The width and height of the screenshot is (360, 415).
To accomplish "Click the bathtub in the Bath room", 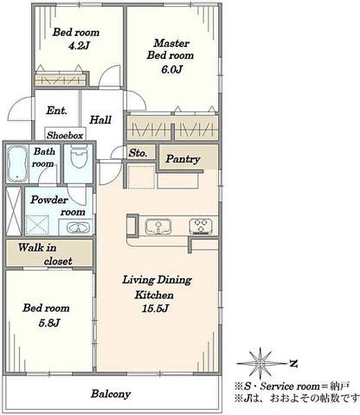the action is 17,164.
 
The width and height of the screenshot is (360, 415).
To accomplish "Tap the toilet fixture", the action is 79,156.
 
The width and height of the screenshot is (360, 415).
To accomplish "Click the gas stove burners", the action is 201,226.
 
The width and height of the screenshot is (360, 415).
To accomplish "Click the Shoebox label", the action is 65,136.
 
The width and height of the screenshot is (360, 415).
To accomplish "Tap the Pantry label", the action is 183,159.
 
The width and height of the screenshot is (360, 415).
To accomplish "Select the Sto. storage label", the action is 138,153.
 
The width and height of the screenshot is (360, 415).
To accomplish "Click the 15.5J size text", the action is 155,308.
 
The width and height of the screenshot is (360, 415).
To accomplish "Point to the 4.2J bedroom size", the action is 79,46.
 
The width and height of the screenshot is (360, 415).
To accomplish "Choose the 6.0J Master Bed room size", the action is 172,69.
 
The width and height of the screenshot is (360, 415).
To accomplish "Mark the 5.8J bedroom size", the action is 50,322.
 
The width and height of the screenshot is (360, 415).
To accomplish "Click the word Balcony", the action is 111,394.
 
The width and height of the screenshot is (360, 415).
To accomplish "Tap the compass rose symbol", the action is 261,363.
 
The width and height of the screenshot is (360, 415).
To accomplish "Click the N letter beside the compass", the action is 293,363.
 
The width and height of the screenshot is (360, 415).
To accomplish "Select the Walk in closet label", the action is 45,254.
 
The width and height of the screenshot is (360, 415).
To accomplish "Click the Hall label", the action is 100,120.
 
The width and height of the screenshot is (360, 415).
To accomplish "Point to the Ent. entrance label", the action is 57,111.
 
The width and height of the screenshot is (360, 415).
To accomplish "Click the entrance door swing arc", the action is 16,104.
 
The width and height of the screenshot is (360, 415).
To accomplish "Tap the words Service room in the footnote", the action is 290,387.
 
